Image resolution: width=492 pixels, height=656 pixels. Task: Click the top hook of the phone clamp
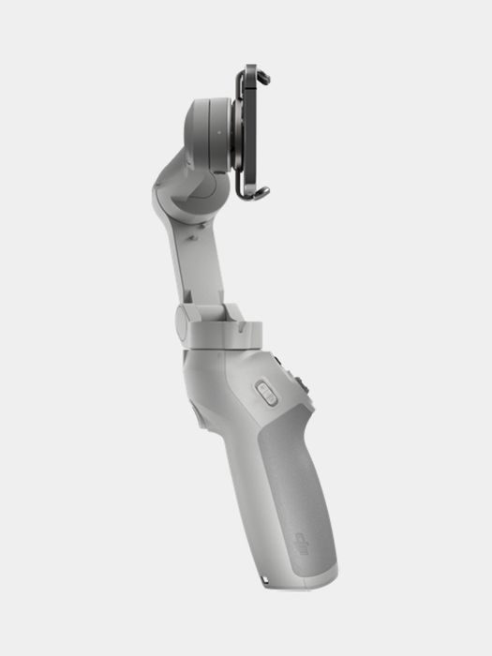(x=252, y=71)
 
